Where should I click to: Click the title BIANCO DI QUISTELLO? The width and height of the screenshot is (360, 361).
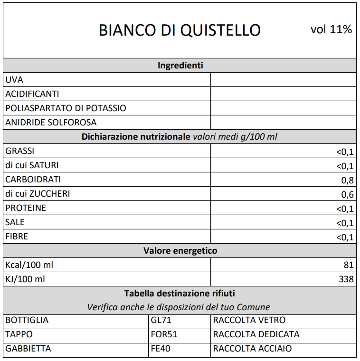(x=180, y=30)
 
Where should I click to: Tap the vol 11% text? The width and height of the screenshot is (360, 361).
(x=331, y=29)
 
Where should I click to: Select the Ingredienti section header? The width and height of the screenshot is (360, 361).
(x=180, y=66)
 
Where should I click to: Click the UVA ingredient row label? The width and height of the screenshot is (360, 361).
(x=14, y=80)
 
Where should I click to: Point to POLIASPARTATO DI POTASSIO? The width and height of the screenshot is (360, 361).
(x=66, y=108)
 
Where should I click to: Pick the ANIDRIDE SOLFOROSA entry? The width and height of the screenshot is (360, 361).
(x=51, y=123)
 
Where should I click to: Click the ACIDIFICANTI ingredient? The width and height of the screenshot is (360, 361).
(x=32, y=94)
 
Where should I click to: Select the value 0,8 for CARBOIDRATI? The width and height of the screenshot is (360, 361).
(x=347, y=180)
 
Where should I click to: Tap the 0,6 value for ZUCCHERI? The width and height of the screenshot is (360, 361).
(x=347, y=195)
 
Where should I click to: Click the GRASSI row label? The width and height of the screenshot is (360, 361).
(x=19, y=151)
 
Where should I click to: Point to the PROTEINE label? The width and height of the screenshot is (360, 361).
(x=26, y=208)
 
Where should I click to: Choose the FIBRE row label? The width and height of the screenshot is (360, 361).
(x=17, y=237)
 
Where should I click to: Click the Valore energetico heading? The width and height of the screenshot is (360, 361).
(x=180, y=251)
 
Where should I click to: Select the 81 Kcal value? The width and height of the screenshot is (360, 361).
(x=349, y=265)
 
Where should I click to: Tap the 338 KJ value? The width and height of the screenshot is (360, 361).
(x=346, y=279)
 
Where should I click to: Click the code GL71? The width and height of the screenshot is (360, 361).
(x=161, y=320)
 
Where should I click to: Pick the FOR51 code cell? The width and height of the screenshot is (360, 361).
(x=164, y=334)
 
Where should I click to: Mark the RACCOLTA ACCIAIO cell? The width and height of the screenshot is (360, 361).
(x=252, y=349)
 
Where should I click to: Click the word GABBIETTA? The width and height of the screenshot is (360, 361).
(x=28, y=349)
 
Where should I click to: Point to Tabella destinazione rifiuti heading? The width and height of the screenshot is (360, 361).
(x=180, y=294)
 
